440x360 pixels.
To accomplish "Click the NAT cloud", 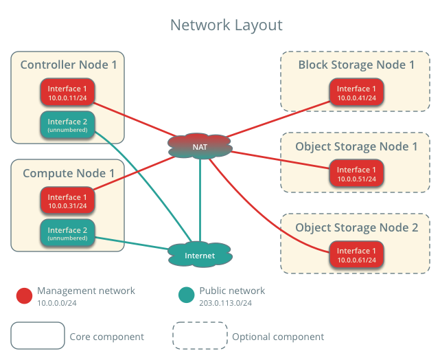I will (200, 146).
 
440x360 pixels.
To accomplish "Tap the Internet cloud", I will (200, 256).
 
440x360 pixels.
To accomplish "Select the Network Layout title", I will (227, 25).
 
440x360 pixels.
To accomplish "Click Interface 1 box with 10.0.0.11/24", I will (67, 93).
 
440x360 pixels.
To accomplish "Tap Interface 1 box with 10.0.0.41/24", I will (356, 93).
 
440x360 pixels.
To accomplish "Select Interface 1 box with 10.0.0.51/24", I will (356, 174).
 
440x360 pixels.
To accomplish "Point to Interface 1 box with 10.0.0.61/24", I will (356, 255).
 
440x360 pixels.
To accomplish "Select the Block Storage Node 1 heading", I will (356, 65).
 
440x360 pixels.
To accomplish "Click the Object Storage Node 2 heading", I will (356, 227).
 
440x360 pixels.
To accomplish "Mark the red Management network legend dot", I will (25, 295).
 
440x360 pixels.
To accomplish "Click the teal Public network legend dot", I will (186, 295).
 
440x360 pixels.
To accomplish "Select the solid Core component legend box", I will (38, 336).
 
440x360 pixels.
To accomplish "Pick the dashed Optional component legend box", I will (200, 336).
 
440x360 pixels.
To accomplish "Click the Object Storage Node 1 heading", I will (356, 146).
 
